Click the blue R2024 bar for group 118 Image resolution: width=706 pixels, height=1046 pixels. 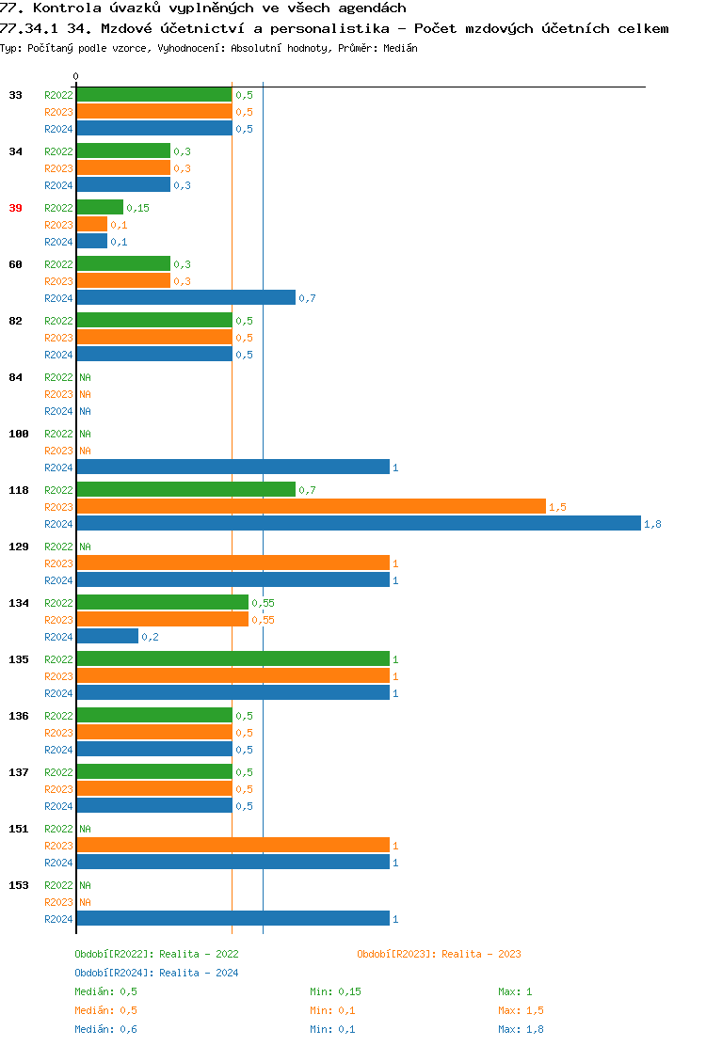(x=358, y=524)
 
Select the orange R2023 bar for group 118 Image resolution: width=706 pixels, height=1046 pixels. (x=311, y=507)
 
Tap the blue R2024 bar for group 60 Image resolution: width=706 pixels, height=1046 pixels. (x=185, y=298)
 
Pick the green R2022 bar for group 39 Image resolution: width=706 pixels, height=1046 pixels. (x=100, y=208)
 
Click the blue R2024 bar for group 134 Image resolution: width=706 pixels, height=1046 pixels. (x=107, y=637)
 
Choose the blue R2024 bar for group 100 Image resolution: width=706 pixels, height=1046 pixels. (x=233, y=468)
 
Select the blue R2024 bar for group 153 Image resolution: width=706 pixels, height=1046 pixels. (x=233, y=919)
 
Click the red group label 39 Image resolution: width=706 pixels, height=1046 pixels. (x=15, y=208)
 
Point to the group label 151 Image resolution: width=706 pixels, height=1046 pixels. (x=18, y=829)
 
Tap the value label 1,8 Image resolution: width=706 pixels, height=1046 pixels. (x=652, y=524)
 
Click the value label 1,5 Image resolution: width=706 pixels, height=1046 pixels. (x=557, y=507)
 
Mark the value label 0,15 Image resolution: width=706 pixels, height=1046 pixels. (x=137, y=208)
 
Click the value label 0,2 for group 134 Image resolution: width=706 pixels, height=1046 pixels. (x=150, y=637)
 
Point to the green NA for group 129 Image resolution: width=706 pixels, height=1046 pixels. (x=85, y=547)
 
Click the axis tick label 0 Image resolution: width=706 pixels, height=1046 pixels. (x=76, y=76)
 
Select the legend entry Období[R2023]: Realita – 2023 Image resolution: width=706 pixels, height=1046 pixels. (x=439, y=954)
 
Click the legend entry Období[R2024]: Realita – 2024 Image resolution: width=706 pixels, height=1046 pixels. (x=156, y=973)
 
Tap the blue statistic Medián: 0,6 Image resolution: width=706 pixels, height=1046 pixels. (x=106, y=1029)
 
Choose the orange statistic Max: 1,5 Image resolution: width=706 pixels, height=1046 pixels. (x=521, y=1010)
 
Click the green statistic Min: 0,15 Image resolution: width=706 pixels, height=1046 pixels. (x=335, y=991)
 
